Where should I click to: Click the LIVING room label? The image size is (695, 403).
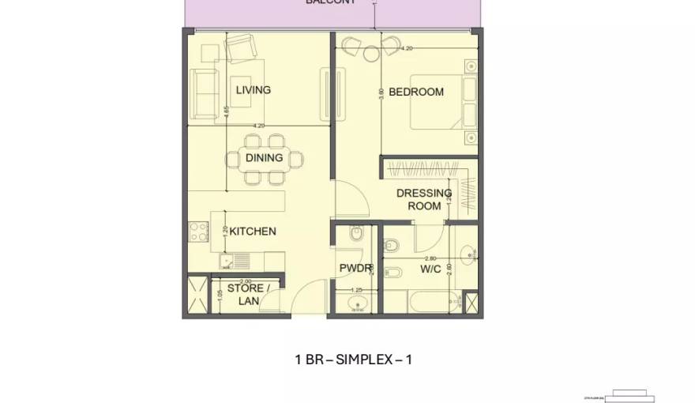(x=253, y=90)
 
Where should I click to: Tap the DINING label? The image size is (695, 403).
(x=264, y=158)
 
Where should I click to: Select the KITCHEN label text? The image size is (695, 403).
(x=253, y=232)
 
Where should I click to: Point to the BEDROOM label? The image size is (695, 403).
(x=416, y=92)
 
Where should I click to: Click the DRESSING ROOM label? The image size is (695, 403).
(x=424, y=199)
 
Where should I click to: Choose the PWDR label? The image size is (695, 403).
(x=355, y=269)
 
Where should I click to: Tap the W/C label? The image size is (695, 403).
(x=430, y=269)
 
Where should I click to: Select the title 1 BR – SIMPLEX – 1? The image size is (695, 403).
(x=353, y=360)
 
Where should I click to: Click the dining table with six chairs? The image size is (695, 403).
(x=264, y=159)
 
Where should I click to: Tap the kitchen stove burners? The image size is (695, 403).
(x=198, y=232)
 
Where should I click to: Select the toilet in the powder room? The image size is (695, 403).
(x=355, y=234)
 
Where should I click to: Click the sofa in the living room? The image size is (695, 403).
(x=203, y=93)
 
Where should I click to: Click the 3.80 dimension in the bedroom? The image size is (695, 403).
(x=381, y=92)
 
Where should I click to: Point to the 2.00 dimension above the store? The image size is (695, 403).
(x=245, y=281)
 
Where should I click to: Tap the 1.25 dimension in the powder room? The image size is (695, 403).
(x=356, y=290)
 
